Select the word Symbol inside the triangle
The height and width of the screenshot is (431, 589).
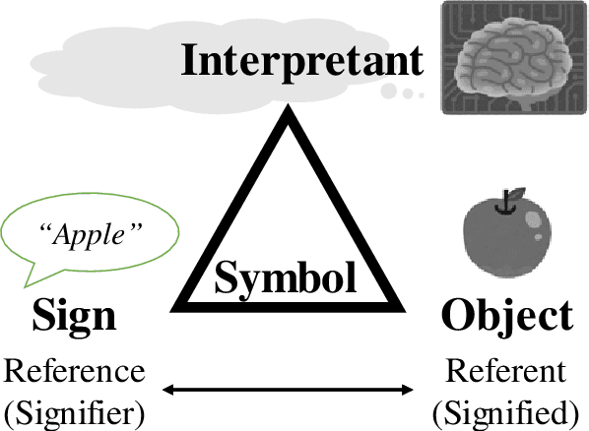coord(286,278)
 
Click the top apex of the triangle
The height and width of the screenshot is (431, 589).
coord(287,111)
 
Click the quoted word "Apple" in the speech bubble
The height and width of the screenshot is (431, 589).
coord(91,237)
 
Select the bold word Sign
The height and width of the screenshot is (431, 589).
coord(75,317)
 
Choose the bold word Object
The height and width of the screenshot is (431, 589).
coord(506,317)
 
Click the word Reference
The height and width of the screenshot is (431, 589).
coord(75,372)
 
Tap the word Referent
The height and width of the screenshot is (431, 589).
coord(506,372)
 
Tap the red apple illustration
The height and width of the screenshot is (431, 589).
coord(505,237)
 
